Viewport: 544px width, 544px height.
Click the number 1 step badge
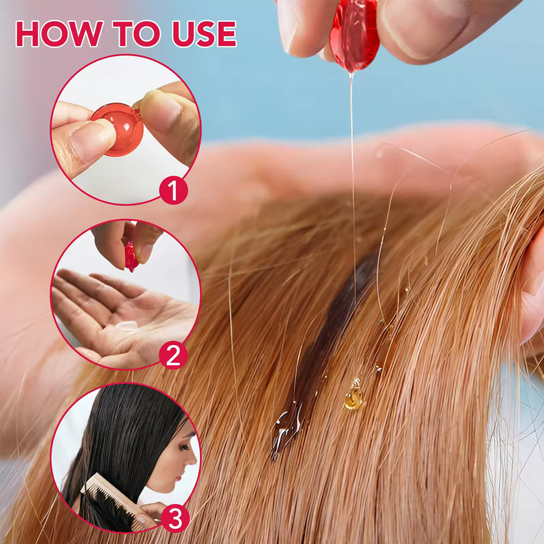pos(173,192)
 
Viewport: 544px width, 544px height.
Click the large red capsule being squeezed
pos(355,34)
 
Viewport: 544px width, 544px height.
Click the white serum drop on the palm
pos(126,325)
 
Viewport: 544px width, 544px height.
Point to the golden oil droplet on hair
pos(354,396)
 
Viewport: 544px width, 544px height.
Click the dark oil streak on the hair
pos(335,317)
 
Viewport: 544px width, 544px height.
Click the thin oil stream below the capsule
pos(352,159)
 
